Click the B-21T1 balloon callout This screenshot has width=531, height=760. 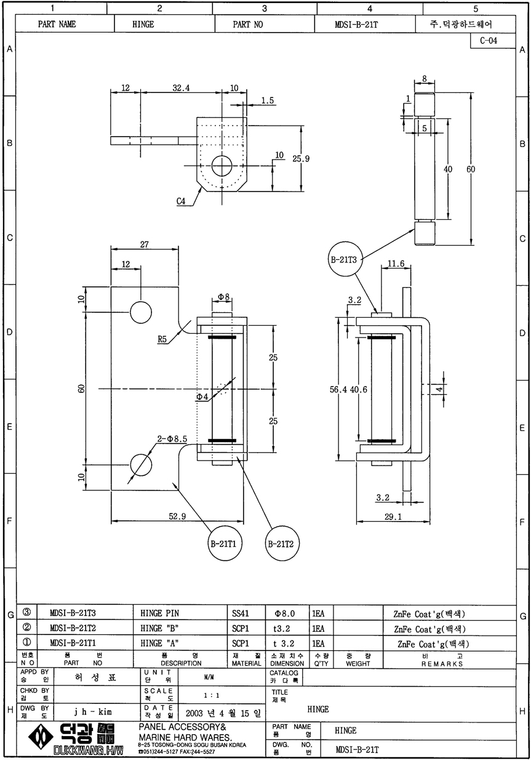click(225, 544)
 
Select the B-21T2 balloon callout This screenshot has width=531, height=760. click(280, 544)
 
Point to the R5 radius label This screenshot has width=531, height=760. click(162, 339)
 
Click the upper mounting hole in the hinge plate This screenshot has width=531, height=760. click(141, 312)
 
